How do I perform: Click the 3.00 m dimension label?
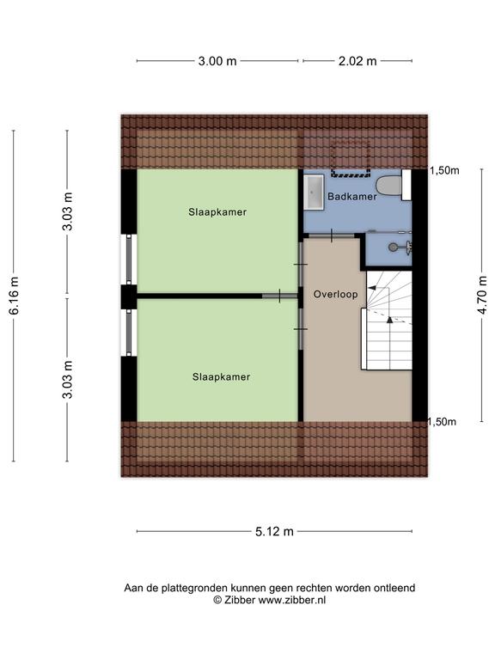(x=217, y=61)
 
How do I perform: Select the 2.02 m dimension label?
(x=357, y=61)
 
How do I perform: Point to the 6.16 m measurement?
(x=14, y=296)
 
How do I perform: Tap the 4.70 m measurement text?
(x=482, y=295)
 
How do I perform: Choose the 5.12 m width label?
(x=274, y=531)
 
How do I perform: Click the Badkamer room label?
(x=352, y=196)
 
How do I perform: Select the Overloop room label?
(x=335, y=294)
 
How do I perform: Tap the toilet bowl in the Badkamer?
(x=388, y=186)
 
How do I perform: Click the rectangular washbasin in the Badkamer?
(x=314, y=192)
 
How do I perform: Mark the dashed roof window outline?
(x=351, y=158)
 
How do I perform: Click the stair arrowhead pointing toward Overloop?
(x=372, y=288)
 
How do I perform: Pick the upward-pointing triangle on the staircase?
(x=390, y=320)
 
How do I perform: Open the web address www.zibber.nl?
(x=291, y=600)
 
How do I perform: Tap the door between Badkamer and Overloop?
(x=332, y=235)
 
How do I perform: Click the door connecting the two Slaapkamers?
(x=280, y=296)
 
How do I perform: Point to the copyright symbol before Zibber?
(x=217, y=600)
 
